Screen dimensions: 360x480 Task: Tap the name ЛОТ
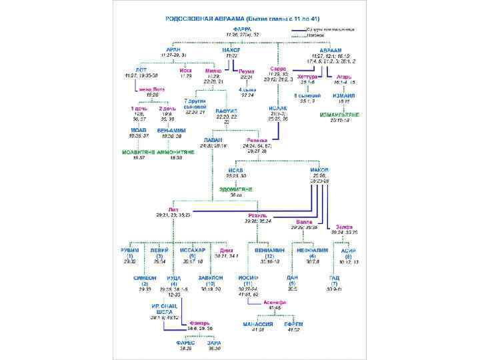point(141,69)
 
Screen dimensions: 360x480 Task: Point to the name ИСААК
point(277,107)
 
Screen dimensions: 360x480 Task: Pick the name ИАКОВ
point(319,170)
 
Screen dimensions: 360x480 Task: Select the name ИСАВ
point(235,170)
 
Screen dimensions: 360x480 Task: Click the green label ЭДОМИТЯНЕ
point(236,189)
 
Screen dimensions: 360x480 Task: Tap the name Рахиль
point(257,215)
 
